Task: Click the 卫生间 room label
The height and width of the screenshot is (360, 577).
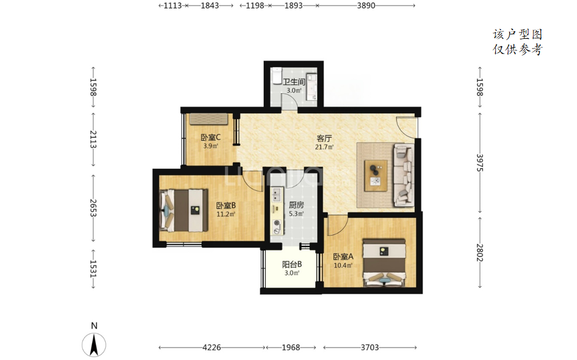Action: (x=294, y=82)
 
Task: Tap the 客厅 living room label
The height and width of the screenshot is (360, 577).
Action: (x=324, y=138)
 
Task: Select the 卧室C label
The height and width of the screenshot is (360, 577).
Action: (x=210, y=138)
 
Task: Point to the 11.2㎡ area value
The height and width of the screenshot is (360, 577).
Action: (x=225, y=214)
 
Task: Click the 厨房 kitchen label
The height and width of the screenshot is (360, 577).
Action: (x=296, y=205)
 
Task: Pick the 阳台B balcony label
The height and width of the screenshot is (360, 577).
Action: (x=292, y=265)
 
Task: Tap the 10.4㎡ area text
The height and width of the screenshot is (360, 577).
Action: (x=343, y=265)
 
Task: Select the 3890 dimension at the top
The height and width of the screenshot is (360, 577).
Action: (x=366, y=6)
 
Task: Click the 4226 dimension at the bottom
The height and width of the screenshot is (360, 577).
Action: (x=212, y=347)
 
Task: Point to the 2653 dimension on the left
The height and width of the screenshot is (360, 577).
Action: (x=93, y=208)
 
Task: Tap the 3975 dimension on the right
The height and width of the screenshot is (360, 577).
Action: (x=479, y=162)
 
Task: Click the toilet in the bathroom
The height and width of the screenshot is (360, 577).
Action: (x=276, y=75)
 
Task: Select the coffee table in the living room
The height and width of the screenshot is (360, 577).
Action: (x=376, y=175)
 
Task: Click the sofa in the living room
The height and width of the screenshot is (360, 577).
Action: (x=404, y=175)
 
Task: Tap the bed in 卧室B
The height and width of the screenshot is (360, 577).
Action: (x=183, y=210)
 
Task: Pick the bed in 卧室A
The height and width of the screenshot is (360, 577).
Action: (x=384, y=262)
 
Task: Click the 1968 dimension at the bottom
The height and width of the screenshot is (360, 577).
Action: (x=291, y=347)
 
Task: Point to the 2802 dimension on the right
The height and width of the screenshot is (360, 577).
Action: (x=479, y=253)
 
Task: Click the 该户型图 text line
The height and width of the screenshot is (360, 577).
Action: (x=518, y=34)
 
